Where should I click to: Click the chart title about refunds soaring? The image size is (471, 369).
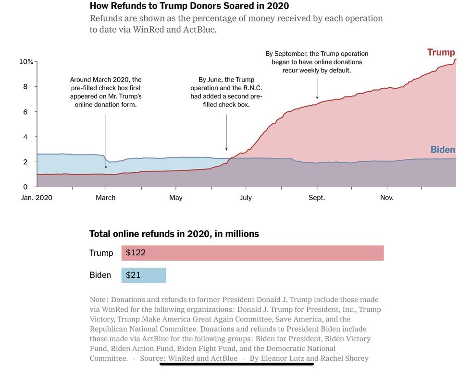click(189, 6)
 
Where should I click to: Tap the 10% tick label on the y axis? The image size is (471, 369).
click(26, 62)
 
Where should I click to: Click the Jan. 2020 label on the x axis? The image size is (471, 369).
click(37, 198)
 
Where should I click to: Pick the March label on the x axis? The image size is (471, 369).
click(106, 198)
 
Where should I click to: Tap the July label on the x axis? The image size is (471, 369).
click(246, 198)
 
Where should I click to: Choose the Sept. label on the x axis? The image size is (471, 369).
click(317, 198)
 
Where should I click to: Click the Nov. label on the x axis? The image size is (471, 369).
click(387, 198)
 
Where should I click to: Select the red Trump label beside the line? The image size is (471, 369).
click(441, 52)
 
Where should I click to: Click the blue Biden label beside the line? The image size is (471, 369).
click(443, 150)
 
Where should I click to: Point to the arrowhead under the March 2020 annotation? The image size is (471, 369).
click(106, 167)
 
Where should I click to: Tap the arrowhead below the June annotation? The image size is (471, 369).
click(226, 149)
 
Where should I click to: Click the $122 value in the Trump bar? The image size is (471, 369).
click(136, 252)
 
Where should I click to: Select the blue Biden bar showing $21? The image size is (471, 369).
click(144, 275)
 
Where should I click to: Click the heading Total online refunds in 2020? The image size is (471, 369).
click(174, 234)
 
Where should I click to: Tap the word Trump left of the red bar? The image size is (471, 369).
click(101, 253)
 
